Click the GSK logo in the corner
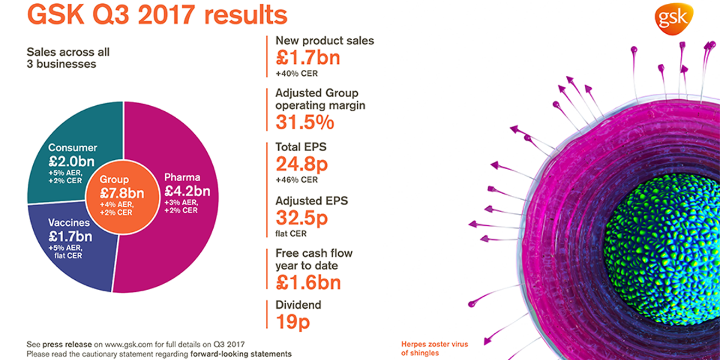coord(674,19)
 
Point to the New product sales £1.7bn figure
coord(308,57)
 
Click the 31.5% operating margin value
coord(304,123)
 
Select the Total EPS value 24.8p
coord(302,164)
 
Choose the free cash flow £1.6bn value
coord(308,282)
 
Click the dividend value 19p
coord(292,322)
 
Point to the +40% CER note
coord(297,74)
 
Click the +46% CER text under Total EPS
coord(297,179)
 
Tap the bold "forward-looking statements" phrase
coord(241,354)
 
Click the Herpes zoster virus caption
coord(434,349)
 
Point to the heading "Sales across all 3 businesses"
coord(68,58)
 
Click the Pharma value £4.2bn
coord(187,191)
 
